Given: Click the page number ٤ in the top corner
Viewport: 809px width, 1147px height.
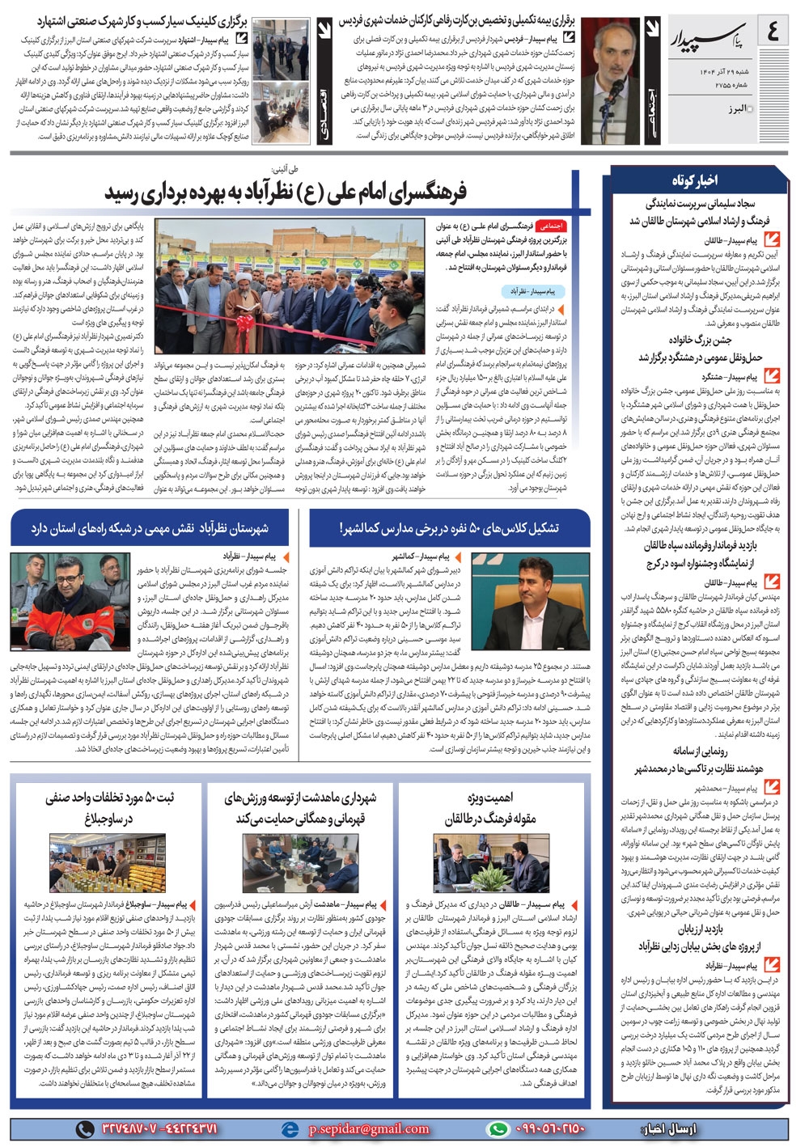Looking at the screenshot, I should tap(774, 32).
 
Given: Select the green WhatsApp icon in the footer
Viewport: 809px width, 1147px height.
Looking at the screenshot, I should tap(498, 1128).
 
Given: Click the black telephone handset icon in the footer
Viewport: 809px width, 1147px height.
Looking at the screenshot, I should tap(85, 1128).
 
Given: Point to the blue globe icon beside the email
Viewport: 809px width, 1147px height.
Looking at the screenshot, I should tap(289, 1128).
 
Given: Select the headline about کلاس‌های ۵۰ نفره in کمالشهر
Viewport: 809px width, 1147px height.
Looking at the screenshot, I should tap(449, 528).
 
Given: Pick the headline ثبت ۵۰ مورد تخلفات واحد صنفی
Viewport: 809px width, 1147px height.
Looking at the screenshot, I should tap(109, 808).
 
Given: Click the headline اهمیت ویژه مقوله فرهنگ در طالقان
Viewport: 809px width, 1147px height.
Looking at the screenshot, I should tap(489, 808).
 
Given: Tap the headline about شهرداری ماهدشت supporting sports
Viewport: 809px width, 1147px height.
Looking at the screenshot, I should tap(300, 808).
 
